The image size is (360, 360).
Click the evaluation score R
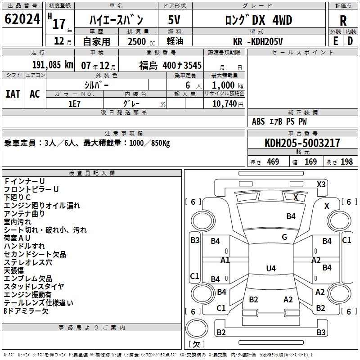(x=343, y=20)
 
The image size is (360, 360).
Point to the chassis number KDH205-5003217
(x=302, y=143)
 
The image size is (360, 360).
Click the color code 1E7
(x=75, y=103)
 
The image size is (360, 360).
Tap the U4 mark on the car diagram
(x=270, y=269)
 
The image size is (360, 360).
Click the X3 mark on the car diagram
(x=321, y=184)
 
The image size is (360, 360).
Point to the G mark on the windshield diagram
(x=284, y=237)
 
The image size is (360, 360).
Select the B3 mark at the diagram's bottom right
(x=321, y=333)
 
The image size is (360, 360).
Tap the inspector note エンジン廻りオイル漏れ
(x=42, y=206)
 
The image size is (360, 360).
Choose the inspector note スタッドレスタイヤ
(x=34, y=287)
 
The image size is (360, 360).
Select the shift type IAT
(x=13, y=94)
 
